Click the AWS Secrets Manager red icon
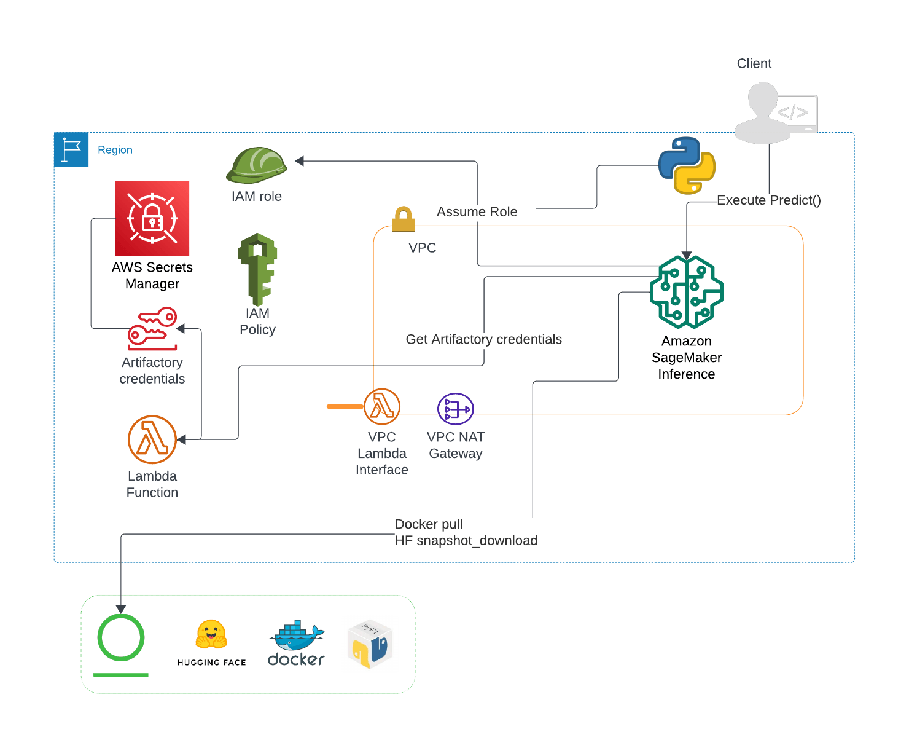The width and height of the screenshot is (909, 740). (152, 218)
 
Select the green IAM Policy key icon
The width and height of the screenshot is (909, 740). (257, 269)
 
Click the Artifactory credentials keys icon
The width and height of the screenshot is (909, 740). (152, 328)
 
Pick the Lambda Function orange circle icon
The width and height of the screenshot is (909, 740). (152, 439)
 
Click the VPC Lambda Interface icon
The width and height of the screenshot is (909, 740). (381, 406)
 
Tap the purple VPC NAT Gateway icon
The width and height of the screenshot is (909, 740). (455, 409)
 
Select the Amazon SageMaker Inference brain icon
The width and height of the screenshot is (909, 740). (686, 292)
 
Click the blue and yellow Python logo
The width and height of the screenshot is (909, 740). (686, 166)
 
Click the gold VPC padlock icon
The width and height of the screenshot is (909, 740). (403, 219)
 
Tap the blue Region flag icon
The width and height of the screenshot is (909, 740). (71, 149)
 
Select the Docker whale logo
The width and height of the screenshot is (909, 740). (296, 643)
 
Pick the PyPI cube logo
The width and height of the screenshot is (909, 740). (370, 644)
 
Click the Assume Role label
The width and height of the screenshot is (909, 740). (477, 211)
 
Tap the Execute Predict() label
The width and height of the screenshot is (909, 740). (768, 200)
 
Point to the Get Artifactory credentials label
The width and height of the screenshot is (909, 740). (483, 339)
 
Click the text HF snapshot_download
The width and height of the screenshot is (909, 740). (466, 541)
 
